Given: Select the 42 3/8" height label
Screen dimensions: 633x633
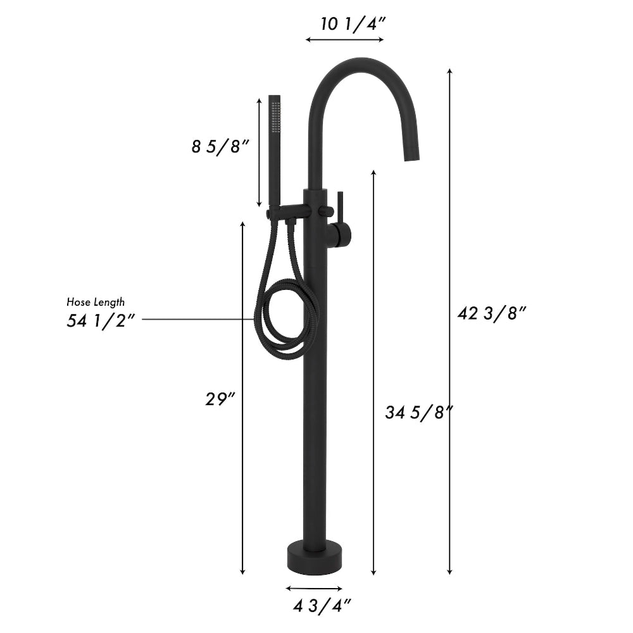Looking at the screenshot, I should tap(491, 313).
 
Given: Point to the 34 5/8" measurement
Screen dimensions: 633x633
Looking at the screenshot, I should tap(418, 413).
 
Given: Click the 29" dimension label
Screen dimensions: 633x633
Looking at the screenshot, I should tap(220, 399).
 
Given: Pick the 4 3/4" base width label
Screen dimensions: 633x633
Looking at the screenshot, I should tap(322, 606).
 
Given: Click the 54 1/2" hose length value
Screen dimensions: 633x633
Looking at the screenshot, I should tap(101, 320).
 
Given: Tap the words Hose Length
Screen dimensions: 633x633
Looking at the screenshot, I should tap(96, 303).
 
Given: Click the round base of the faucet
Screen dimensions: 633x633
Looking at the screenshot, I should tap(314, 555).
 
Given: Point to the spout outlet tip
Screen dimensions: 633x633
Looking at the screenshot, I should tap(412, 155).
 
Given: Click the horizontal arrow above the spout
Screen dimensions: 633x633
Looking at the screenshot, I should tap(344, 39).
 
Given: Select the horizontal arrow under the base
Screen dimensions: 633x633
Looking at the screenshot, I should tap(314, 588).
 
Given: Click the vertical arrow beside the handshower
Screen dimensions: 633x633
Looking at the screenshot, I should tap(259, 152).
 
